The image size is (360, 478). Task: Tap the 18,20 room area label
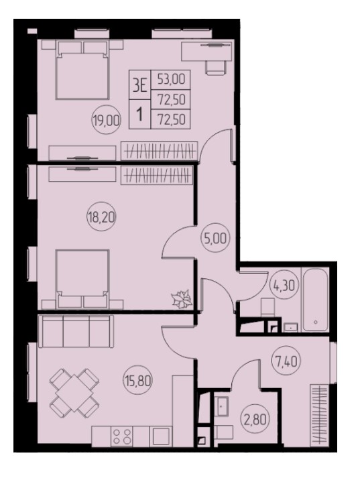click(101, 218)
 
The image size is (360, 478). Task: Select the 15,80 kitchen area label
click(138, 381)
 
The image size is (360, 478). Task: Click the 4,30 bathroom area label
click(284, 286)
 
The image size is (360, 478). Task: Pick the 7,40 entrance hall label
click(286, 361)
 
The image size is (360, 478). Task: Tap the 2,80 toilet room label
click(255, 420)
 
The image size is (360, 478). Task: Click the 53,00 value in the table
click(171, 80)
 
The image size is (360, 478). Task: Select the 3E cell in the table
click(140, 85)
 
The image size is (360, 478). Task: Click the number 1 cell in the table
click(140, 115)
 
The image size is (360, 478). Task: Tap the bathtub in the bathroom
click(316, 300)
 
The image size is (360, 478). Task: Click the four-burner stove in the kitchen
click(122, 436)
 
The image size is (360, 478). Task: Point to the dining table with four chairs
click(74, 394)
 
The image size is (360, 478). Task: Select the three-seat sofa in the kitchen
click(76, 331)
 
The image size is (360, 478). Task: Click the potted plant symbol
click(182, 299)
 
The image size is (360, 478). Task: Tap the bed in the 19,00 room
click(82, 70)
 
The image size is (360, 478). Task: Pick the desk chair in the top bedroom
click(216, 67)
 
